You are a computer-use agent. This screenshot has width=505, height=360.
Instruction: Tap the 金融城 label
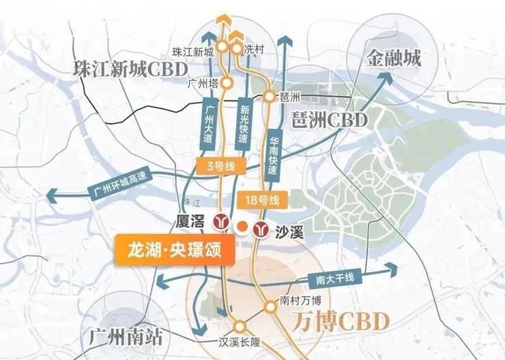pyautogui.click(x=392, y=57)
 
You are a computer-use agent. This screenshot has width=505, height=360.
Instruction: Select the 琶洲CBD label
pyautogui.click(x=328, y=120)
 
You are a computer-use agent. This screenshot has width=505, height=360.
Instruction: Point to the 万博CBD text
pyautogui.click(x=330, y=320)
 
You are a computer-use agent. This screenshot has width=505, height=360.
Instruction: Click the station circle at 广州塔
pyautogui.click(x=229, y=82)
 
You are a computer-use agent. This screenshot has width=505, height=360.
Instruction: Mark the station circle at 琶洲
pyautogui.click(x=270, y=97)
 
